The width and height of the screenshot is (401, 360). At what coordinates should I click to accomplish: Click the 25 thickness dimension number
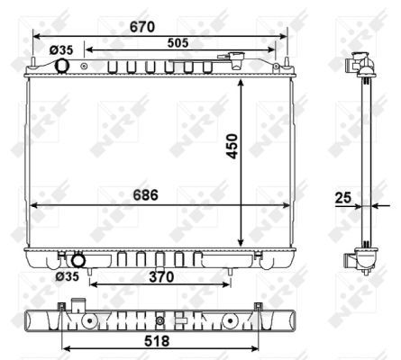[x=343, y=196]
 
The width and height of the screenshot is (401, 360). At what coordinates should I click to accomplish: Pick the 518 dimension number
[x=157, y=343]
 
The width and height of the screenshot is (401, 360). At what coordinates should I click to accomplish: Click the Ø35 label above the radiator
[x=60, y=50]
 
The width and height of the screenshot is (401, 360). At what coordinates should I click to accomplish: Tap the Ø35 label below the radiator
[x=66, y=277]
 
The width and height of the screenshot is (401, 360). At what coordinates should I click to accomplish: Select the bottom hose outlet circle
[x=78, y=262]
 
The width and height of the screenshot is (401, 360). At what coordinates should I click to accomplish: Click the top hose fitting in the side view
[x=359, y=66]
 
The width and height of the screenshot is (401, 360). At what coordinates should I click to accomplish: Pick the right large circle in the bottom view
[x=231, y=320]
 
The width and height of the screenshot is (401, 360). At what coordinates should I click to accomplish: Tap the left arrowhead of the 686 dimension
[x=34, y=205]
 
